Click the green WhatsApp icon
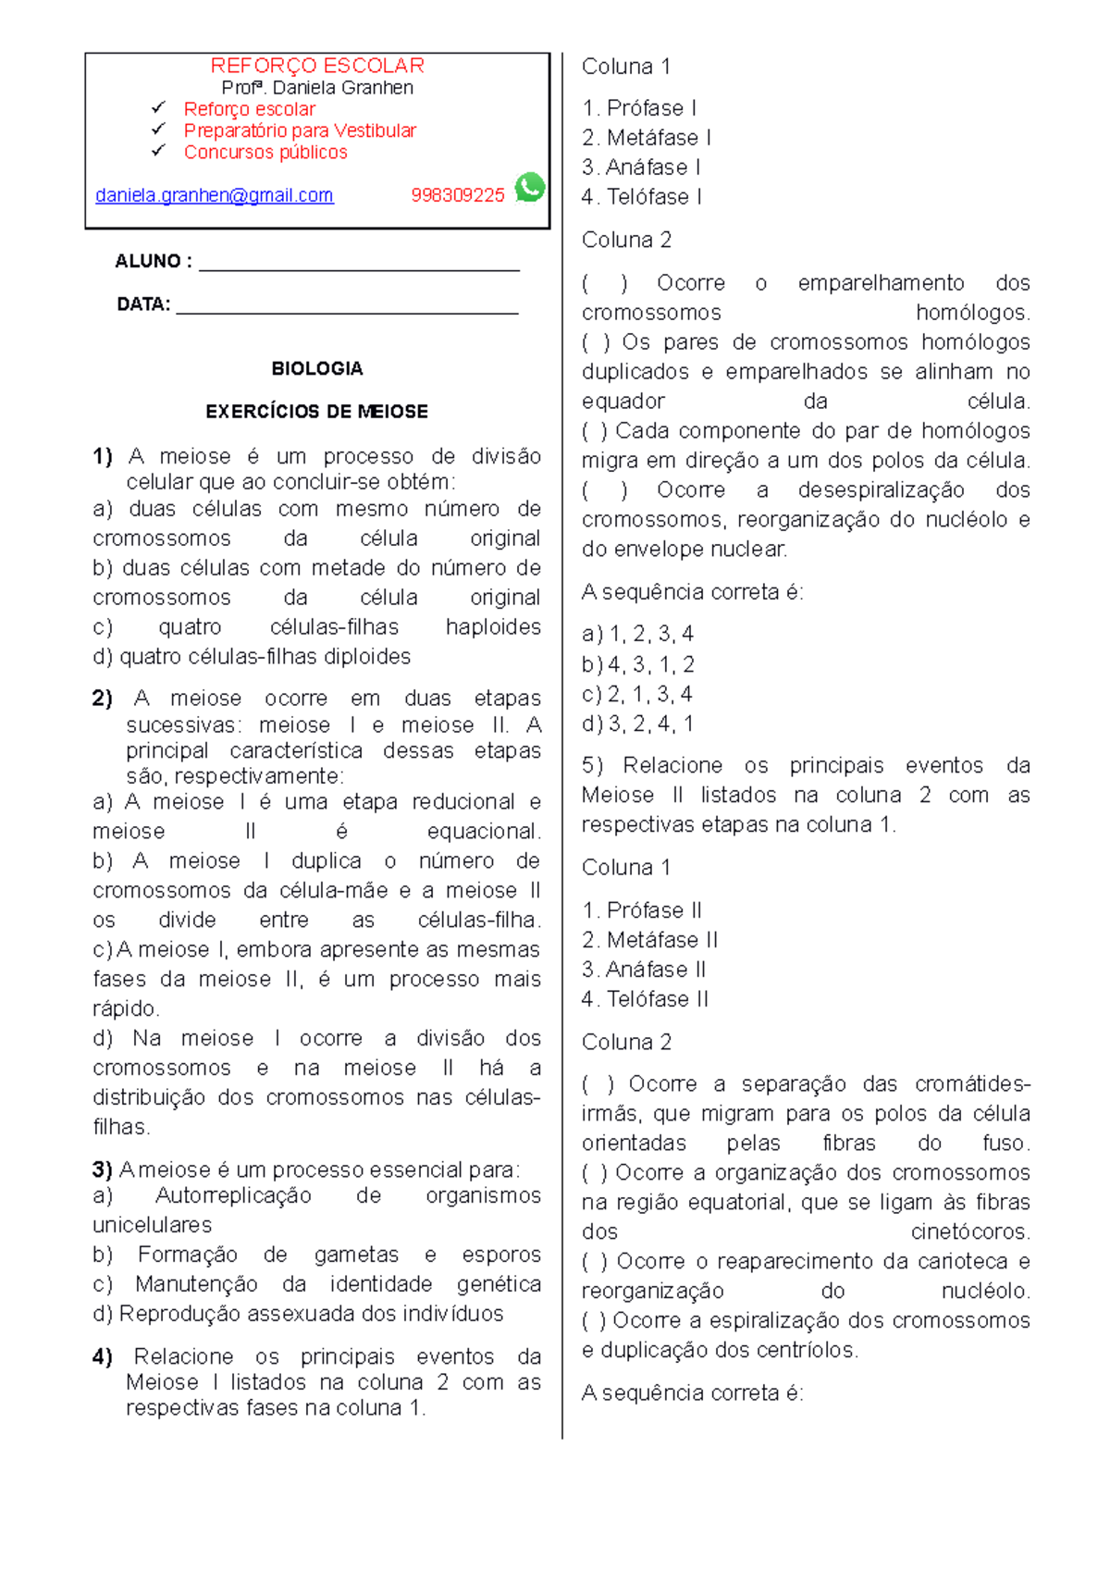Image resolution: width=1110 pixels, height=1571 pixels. tap(530, 188)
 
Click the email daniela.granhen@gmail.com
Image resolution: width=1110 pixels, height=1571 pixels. tap(214, 195)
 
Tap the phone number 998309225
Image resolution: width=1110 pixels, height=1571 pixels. tap(458, 195)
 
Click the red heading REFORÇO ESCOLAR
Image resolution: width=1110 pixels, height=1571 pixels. tap(317, 66)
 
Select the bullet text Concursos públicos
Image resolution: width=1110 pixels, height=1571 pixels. tap(265, 153)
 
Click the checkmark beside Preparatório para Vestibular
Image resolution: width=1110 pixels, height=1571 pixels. tap(158, 130)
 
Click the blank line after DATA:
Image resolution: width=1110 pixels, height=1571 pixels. tap(347, 307)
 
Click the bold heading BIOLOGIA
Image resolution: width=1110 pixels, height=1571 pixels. tap(317, 368)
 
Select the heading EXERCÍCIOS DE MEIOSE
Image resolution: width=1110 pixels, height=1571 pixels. tap(317, 412)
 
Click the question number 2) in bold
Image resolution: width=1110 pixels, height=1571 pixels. tap(103, 699)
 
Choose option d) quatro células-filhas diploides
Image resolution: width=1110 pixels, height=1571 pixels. tap(252, 657)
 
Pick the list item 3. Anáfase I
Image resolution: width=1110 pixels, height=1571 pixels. tap(641, 167)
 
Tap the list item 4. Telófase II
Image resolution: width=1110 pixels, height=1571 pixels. tap(645, 999)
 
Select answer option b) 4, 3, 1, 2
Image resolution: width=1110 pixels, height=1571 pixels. tap(638, 664)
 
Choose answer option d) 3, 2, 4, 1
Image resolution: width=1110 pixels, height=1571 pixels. tap(638, 724)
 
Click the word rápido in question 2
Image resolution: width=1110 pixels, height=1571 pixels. tap(126, 1008)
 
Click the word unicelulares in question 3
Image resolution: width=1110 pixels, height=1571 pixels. tap(153, 1225)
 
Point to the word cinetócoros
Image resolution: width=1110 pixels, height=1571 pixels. tap(969, 1232)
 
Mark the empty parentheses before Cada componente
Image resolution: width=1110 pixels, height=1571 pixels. tap(595, 431)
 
